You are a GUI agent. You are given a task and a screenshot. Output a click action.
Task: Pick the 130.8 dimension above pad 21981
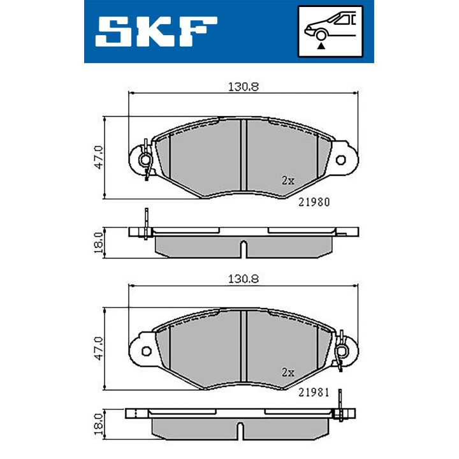(x=244, y=279)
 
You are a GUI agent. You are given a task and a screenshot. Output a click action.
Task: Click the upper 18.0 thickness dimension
(x=98, y=243)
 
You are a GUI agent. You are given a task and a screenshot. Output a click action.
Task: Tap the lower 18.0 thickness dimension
(x=98, y=423)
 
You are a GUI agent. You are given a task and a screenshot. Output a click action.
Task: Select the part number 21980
(x=314, y=201)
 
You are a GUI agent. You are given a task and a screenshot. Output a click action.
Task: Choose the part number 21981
(x=314, y=393)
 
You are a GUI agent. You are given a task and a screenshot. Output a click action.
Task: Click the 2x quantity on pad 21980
(x=288, y=180)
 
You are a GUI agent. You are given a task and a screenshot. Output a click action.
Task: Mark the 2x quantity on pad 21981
(x=288, y=372)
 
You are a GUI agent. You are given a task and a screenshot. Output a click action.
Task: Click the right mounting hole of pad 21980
(x=341, y=160)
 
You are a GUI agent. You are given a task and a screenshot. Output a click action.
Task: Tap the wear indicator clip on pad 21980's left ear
(x=146, y=159)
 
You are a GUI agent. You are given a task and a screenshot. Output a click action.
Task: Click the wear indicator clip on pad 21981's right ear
(x=342, y=351)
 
